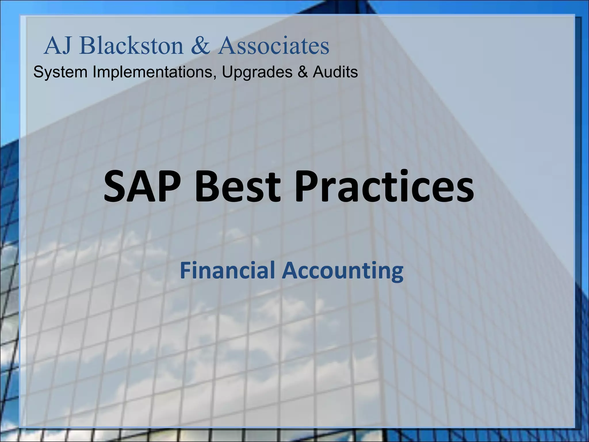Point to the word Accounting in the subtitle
point(343,271)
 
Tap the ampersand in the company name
point(200,46)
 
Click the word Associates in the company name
point(274,46)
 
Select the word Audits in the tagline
point(335,72)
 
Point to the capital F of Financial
point(185,271)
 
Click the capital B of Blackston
point(87,46)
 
